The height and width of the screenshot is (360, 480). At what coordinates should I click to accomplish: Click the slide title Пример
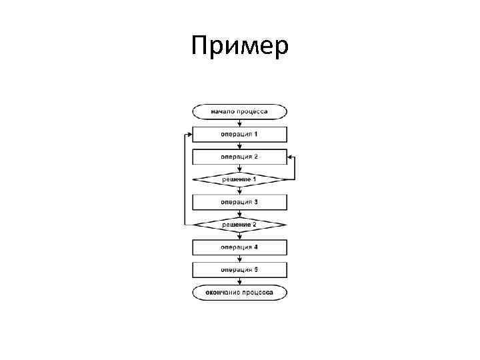pyautogui.click(x=239, y=47)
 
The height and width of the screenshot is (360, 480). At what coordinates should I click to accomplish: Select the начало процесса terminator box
pyautogui.click(x=239, y=111)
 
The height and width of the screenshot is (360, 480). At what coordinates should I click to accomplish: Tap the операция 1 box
pyautogui.click(x=239, y=134)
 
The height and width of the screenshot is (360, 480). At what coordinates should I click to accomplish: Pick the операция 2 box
pyautogui.click(x=239, y=157)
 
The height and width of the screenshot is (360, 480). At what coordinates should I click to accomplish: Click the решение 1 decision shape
pyautogui.click(x=239, y=179)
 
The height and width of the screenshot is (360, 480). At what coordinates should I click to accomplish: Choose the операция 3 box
pyautogui.click(x=239, y=202)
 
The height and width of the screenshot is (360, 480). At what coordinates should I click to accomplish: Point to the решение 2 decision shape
pyautogui.click(x=239, y=225)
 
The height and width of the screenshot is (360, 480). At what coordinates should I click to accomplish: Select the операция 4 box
pyautogui.click(x=239, y=247)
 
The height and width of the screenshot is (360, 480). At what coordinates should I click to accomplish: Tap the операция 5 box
pyautogui.click(x=239, y=270)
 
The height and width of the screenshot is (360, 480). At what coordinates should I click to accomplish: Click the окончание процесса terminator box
pyautogui.click(x=239, y=293)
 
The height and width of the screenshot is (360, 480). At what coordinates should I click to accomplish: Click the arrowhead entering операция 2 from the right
pyautogui.click(x=291, y=157)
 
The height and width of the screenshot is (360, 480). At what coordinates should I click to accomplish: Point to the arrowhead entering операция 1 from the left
pyautogui.click(x=189, y=134)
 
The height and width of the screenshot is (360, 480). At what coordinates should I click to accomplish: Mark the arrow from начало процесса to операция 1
pyautogui.click(x=239, y=123)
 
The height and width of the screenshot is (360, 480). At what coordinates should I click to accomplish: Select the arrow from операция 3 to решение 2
pyautogui.click(x=239, y=213)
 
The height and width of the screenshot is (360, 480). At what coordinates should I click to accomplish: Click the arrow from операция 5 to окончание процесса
pyautogui.click(x=239, y=281)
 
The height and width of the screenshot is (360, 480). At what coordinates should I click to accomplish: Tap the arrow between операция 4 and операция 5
pyautogui.click(x=239, y=259)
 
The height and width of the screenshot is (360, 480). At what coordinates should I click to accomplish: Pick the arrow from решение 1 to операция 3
pyautogui.click(x=239, y=191)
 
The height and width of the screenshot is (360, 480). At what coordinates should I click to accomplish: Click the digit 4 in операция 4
pyautogui.click(x=256, y=247)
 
